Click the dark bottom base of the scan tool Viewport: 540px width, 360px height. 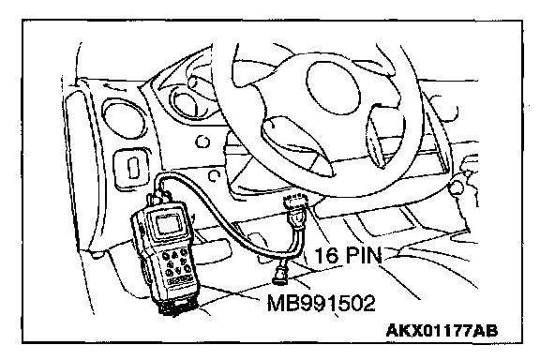coord(177,305)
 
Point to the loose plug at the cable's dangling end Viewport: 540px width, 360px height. coord(281,275)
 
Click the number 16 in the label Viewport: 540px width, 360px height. coord(327,255)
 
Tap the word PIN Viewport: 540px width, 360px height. coord(363,255)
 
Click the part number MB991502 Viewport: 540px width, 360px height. coord(321,304)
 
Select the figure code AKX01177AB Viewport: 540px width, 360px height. coord(442,331)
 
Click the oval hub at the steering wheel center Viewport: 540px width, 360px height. coord(333,87)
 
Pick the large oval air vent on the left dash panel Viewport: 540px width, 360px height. coord(123,119)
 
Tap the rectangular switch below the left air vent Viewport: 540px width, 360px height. coord(132,168)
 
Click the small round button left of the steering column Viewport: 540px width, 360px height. coord(202,142)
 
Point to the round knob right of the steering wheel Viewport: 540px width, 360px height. coord(457,187)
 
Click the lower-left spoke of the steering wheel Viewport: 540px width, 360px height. coord(296,144)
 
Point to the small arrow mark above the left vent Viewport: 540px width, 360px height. coord(115,87)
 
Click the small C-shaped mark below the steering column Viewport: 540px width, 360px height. coord(214,175)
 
